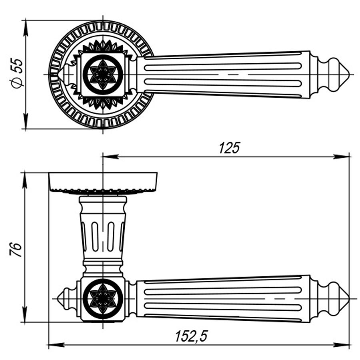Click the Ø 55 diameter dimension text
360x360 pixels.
click(x=18, y=74)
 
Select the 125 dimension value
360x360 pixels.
click(x=229, y=148)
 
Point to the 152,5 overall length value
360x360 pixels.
click(x=191, y=336)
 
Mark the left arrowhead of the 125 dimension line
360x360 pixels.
click(x=110, y=157)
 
